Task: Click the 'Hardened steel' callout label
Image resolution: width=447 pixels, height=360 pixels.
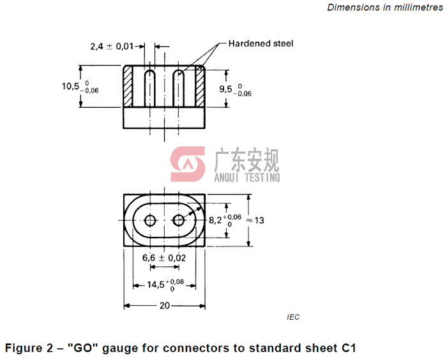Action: (261, 44)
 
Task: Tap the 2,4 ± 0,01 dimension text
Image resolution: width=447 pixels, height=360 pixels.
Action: (112, 46)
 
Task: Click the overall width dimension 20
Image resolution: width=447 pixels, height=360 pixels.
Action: (165, 306)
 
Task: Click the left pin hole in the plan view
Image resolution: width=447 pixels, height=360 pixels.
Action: (150, 221)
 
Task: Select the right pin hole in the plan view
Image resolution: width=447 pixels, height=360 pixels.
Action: (179, 221)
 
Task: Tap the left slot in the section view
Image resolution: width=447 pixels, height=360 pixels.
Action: (150, 88)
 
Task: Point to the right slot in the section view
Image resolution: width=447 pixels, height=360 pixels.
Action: (179, 88)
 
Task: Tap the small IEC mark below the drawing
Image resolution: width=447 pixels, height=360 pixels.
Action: (293, 317)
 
